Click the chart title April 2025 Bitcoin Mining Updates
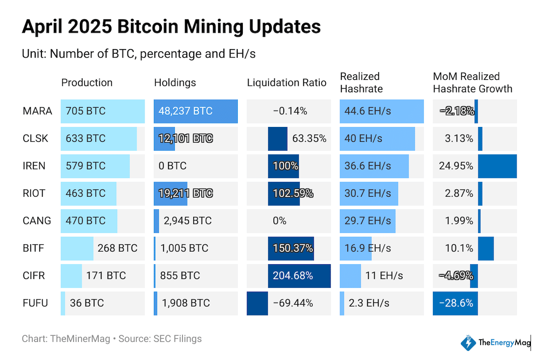(171, 27)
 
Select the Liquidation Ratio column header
(286, 83)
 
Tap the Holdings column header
(175, 83)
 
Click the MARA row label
(37, 111)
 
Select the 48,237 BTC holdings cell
(185, 111)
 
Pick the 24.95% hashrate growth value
(456, 166)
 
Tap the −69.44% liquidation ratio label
(293, 303)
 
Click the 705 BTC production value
(85, 111)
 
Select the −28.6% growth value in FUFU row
(456, 303)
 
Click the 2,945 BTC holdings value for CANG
(187, 221)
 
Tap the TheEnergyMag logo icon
(468, 343)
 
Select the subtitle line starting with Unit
(139, 54)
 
